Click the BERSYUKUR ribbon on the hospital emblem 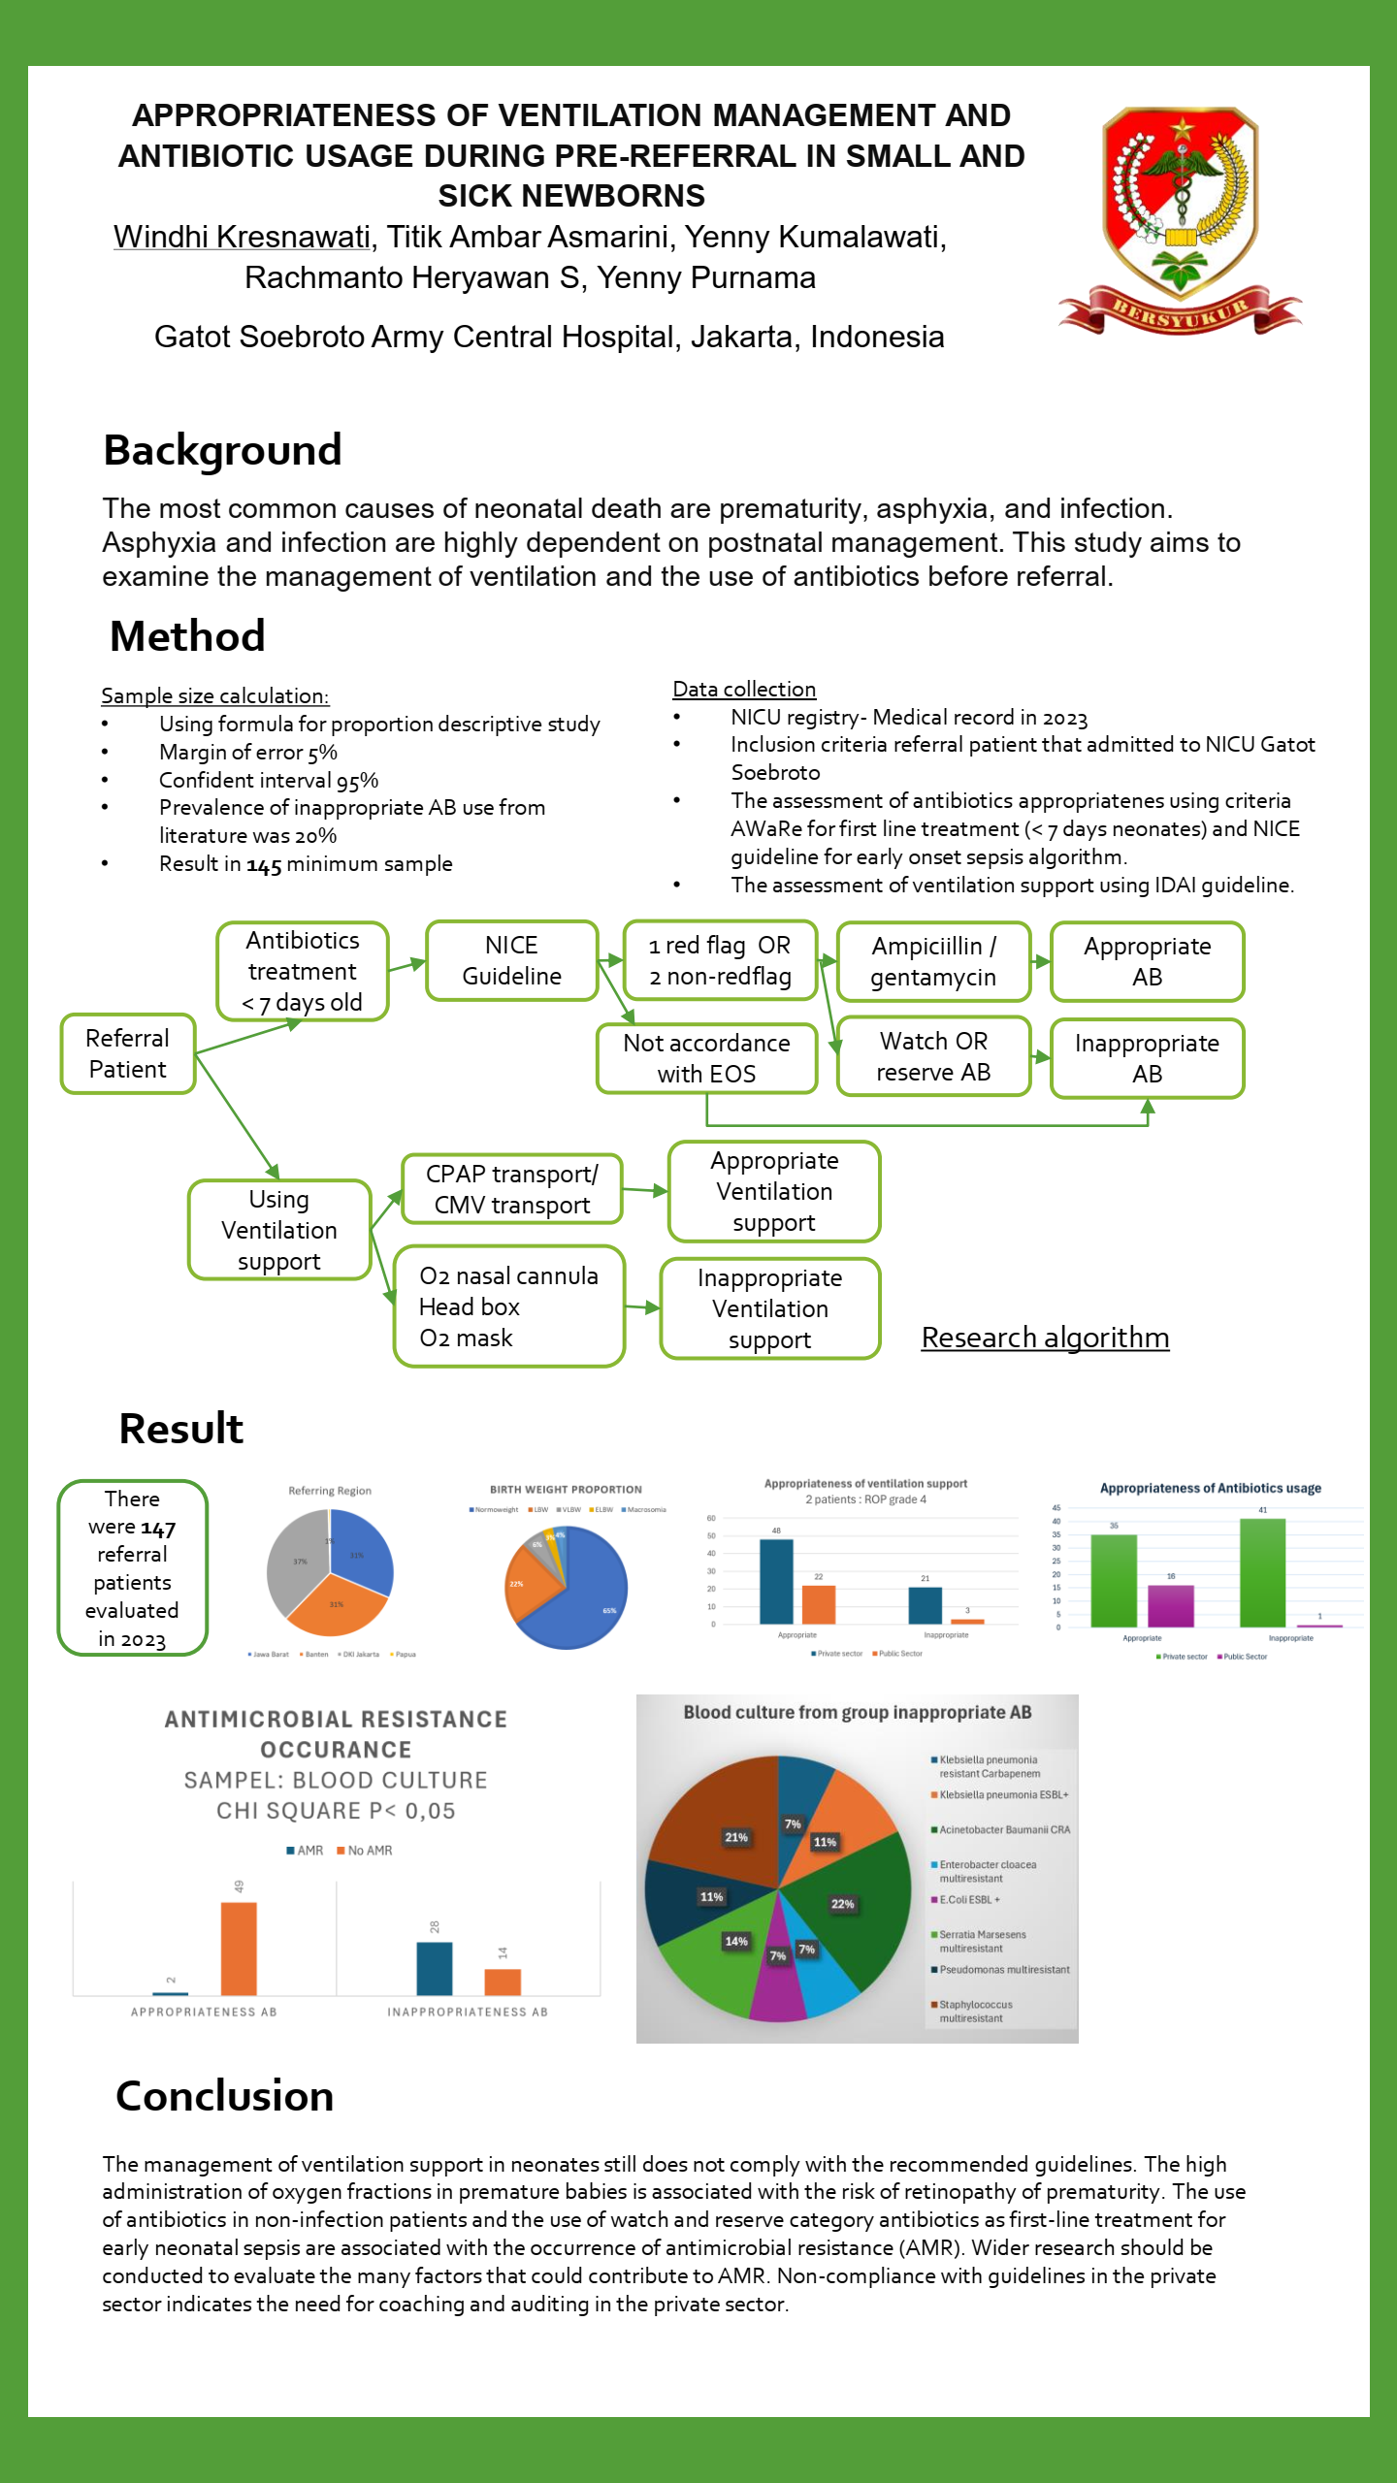(1180, 311)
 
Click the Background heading (222, 450)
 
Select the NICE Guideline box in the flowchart (511, 961)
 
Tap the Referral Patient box (127, 1054)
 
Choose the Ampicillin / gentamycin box (933, 961)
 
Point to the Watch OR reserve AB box (933, 1056)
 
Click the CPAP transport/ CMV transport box (511, 1189)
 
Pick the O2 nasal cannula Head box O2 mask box (508, 1306)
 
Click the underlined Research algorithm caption (1045, 1338)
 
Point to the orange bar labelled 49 (239, 1949)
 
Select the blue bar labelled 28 (434, 1968)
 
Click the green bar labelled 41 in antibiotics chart (1262, 1572)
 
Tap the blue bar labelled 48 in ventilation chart (776, 1581)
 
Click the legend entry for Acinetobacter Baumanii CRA (1003, 1830)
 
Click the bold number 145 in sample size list (264, 865)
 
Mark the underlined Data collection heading (744, 690)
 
